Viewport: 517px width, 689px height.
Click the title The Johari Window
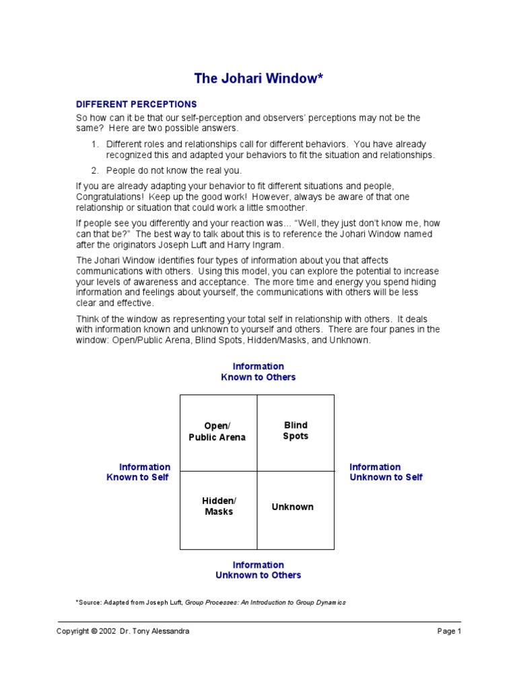coord(258,79)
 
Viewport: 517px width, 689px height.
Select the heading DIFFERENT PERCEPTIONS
coord(136,104)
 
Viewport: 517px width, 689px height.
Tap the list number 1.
coord(95,144)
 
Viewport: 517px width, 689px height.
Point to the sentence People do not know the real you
coord(174,170)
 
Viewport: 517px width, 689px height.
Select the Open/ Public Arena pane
coord(218,432)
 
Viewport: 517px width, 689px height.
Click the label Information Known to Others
coord(258,372)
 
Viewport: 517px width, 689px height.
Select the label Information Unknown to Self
coord(386,472)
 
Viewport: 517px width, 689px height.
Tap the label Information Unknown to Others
coord(258,571)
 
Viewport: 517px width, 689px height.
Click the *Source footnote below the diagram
coord(211,602)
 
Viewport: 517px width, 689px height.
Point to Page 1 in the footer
coord(449,631)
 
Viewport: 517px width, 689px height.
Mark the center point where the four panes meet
coord(257,471)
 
